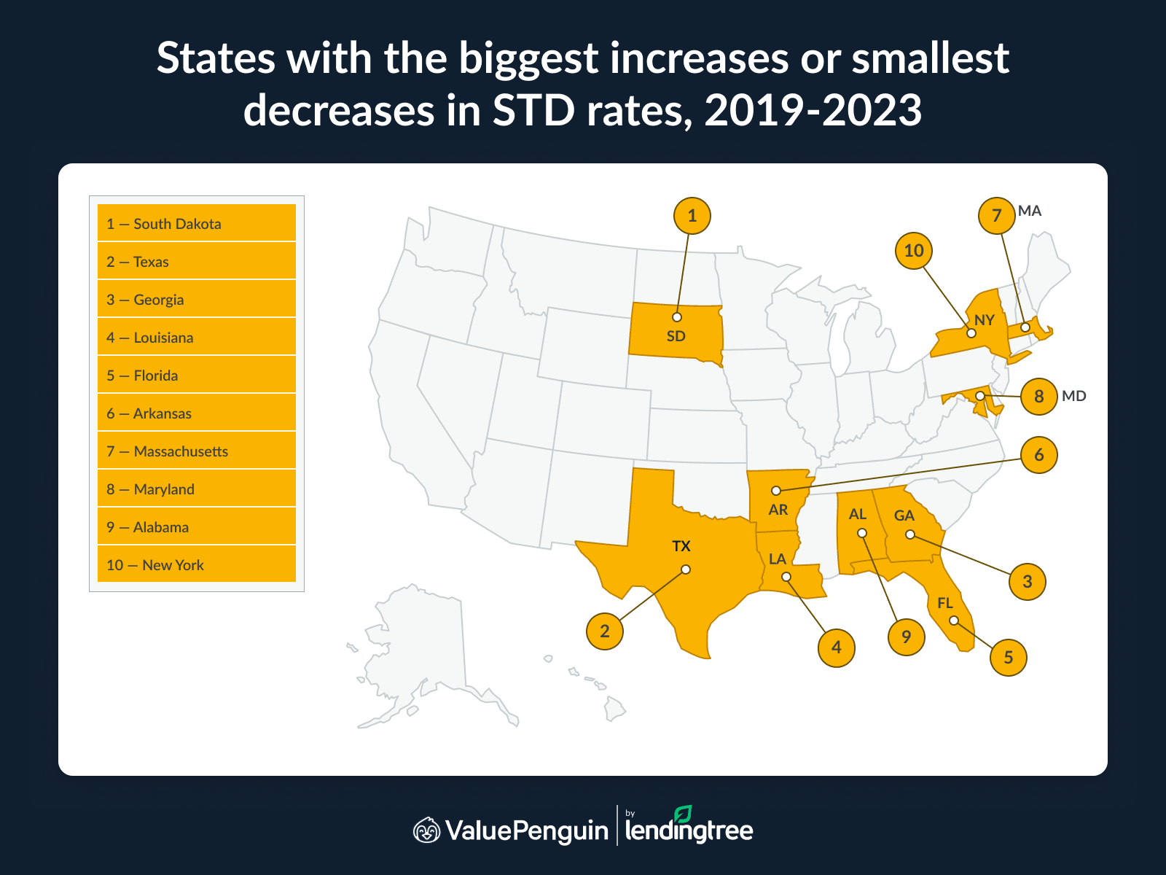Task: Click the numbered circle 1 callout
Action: pos(692,216)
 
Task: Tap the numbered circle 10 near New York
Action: pos(914,251)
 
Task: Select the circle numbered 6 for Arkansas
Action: pos(1038,455)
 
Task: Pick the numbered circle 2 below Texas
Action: pos(605,631)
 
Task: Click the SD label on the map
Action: pos(676,336)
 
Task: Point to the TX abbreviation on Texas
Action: pos(681,546)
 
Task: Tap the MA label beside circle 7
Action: pos(1030,211)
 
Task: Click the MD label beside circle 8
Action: pos(1073,396)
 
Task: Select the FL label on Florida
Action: pos(945,603)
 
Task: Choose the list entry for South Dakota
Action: pos(197,223)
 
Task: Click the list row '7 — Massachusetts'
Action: pos(197,451)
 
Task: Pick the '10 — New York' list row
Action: pos(197,564)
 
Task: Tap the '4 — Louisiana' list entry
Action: pos(197,337)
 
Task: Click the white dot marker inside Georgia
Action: pos(910,534)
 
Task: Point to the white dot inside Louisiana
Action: pos(786,577)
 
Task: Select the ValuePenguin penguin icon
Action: pos(427,830)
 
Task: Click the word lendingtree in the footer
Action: pos(689,831)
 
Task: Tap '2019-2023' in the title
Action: pos(813,111)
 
